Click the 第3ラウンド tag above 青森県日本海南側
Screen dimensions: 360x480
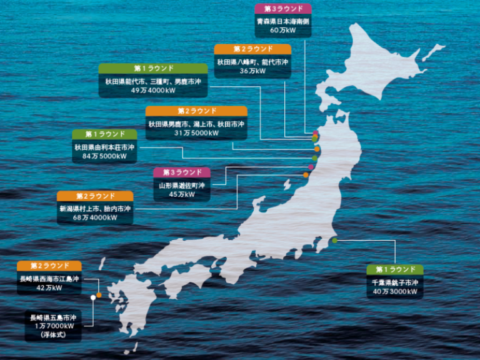coord(283,9)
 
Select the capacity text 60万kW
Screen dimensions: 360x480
coord(283,30)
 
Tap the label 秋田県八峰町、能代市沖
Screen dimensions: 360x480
coord(252,62)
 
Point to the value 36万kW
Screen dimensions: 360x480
coord(252,71)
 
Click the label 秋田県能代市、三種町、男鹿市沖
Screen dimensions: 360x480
coord(153,82)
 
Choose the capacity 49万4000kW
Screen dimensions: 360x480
coord(153,91)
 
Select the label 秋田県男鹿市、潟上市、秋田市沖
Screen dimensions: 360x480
coord(196,124)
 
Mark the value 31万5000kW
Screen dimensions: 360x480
coord(196,133)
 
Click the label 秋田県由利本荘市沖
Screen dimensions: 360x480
coord(104,147)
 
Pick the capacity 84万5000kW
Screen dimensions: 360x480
coord(104,157)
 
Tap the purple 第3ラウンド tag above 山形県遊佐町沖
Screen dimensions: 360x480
coord(182,172)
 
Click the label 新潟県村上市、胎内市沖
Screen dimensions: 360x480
coord(95,209)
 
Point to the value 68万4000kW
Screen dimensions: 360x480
coord(95,217)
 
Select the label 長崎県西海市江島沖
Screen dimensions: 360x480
coord(49,279)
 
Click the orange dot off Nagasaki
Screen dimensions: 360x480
coord(99,295)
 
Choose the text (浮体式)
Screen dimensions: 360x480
coord(53,335)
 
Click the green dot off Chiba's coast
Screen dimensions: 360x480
coord(334,241)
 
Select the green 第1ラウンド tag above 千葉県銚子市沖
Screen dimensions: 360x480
coord(395,269)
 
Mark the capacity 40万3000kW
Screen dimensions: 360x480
coord(395,292)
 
